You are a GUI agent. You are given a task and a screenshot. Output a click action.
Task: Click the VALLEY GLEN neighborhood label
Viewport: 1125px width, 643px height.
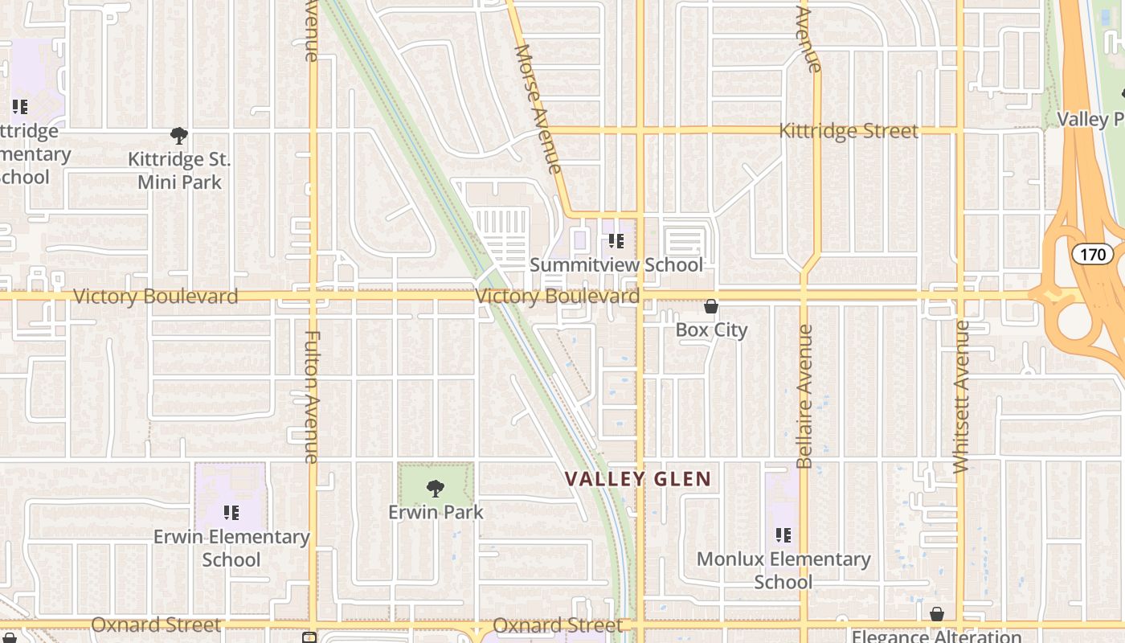pos(638,480)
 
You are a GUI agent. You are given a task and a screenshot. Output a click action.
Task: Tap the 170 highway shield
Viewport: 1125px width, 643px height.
pos(1092,255)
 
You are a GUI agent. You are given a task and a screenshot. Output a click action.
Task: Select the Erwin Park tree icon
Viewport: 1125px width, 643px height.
pos(436,488)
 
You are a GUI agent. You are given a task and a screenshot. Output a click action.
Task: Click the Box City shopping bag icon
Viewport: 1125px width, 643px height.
pos(711,306)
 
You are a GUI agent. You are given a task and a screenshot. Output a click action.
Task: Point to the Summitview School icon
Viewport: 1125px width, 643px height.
pos(616,240)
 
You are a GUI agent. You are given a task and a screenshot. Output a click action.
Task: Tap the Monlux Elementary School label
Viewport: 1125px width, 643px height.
pos(783,570)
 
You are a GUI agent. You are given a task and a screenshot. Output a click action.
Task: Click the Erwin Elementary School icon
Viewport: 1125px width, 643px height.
pos(231,512)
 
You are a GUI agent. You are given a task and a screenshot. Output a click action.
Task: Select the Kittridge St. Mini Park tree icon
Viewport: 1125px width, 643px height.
pos(179,135)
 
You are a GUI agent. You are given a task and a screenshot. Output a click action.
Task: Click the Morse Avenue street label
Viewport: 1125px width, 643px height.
pos(538,109)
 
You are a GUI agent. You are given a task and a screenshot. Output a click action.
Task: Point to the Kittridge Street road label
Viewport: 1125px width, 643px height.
pos(849,131)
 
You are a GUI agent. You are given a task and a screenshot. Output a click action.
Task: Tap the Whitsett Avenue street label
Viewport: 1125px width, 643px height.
pos(959,396)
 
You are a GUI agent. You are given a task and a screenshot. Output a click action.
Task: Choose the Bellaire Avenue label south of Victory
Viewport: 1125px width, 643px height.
pos(804,396)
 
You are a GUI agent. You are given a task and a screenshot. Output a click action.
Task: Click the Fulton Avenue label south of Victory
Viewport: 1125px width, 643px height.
pos(312,396)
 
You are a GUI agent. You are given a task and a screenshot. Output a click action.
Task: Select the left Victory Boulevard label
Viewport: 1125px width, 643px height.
pos(155,297)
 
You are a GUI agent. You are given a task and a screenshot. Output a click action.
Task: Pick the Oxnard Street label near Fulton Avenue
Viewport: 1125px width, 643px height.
pos(155,625)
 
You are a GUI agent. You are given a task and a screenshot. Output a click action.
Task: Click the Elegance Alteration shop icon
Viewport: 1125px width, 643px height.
pos(936,615)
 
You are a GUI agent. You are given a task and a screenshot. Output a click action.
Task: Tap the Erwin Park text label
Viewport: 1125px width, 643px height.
pos(436,512)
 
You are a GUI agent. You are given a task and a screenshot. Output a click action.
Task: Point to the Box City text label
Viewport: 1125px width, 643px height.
pos(711,330)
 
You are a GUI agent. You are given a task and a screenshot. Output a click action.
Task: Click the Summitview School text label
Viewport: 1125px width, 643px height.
pos(616,264)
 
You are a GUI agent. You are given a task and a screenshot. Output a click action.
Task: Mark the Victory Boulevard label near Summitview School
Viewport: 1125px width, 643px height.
pos(558,297)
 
